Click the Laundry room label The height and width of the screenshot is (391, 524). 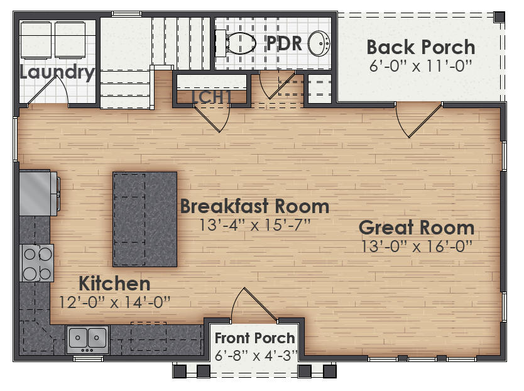(x=57, y=72)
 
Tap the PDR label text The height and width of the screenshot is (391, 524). (x=285, y=44)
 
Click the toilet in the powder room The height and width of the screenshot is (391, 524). (x=237, y=43)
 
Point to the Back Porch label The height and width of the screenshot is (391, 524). (x=420, y=47)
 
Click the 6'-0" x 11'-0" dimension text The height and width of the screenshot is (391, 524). (x=420, y=65)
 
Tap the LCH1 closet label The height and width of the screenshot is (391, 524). (x=212, y=96)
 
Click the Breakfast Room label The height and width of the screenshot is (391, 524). (x=254, y=206)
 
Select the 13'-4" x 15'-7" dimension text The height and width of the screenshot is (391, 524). (x=254, y=224)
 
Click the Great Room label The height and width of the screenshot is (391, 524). (x=416, y=228)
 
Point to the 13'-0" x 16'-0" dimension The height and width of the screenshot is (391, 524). (x=416, y=246)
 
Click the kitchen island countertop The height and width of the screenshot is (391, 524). (x=145, y=219)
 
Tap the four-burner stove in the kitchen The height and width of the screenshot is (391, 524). (x=37, y=263)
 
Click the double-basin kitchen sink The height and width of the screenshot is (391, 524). (x=87, y=338)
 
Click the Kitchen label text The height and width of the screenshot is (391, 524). (x=114, y=284)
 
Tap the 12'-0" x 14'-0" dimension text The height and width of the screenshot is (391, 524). (x=114, y=302)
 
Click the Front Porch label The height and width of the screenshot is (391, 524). (x=254, y=339)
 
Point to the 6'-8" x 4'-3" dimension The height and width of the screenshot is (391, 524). (x=254, y=355)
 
